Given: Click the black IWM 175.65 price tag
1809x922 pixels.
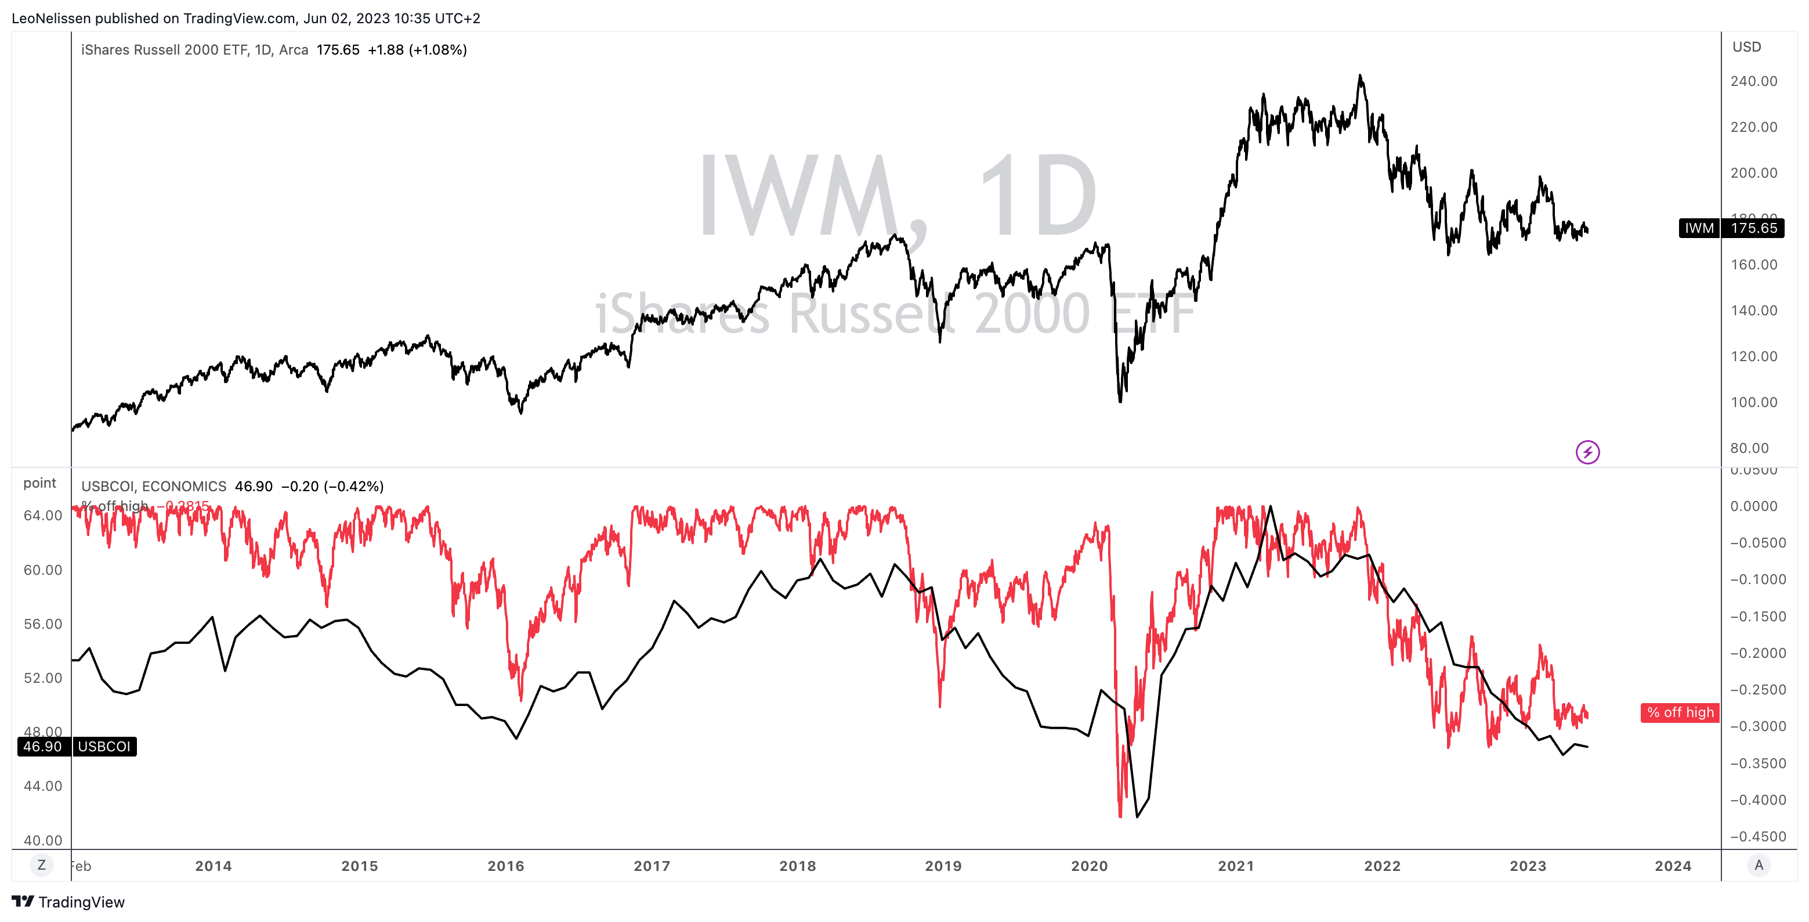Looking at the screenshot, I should [x=1730, y=228].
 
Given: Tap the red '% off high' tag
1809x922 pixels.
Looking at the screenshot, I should [x=1679, y=712].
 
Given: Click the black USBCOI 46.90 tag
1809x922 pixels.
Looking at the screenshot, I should [x=77, y=746].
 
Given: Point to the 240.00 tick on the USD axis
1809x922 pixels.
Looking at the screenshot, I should [x=1753, y=81].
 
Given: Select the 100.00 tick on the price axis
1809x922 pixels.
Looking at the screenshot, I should [x=1753, y=402].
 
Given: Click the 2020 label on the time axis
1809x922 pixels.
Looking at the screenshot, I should [x=1088, y=866].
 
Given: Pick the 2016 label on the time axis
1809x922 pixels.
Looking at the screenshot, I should [x=505, y=866].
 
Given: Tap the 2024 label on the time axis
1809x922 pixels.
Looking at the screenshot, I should [x=1672, y=866].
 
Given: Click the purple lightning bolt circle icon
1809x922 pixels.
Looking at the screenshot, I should [x=1587, y=452].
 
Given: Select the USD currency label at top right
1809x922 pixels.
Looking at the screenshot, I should [x=1746, y=47].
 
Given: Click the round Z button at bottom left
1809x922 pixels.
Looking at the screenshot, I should [x=41, y=865].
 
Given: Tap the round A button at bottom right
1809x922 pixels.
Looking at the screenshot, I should [x=1759, y=865].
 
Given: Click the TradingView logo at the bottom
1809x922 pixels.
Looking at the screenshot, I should [x=68, y=902].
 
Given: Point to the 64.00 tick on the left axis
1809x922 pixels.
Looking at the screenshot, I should [x=43, y=515].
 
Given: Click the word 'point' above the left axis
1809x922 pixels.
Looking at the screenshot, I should [x=39, y=483].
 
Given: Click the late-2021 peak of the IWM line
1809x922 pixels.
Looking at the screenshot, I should [x=1361, y=76].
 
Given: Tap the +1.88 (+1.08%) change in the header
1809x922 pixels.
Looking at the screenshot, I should [x=417, y=50].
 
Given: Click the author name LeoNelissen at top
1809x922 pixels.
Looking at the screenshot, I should [x=50, y=18].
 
